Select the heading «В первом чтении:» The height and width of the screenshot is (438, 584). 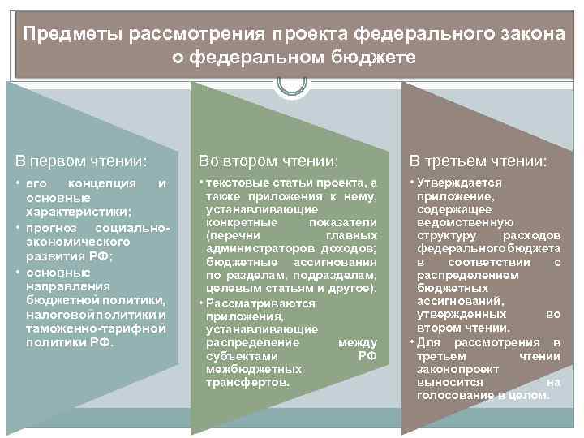pyautogui.click(x=78, y=161)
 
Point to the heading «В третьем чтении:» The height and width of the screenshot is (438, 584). pyautogui.click(x=478, y=161)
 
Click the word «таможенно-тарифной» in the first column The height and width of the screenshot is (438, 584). pyautogui.click(x=97, y=328)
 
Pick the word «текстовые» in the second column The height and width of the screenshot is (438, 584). pyautogui.click(x=238, y=184)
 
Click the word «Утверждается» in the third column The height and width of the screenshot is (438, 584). pyautogui.click(x=460, y=183)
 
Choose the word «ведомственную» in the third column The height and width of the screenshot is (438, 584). pyautogui.click(x=466, y=222)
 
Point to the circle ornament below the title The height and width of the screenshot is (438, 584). pyautogui.click(x=292, y=84)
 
